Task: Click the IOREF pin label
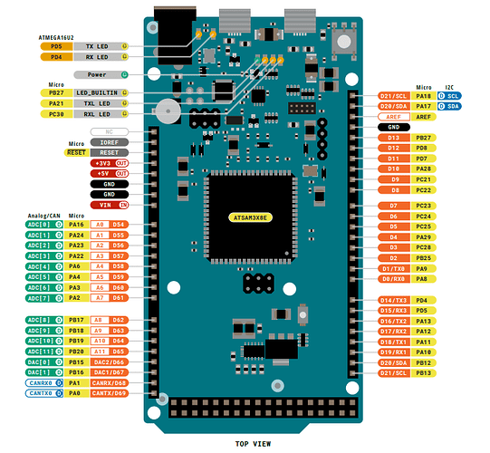point(109,142)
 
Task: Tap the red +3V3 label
point(102,162)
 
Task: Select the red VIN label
point(102,206)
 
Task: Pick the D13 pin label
point(393,137)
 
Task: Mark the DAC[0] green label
point(37,361)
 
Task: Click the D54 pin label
point(118,223)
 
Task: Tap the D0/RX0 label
point(393,279)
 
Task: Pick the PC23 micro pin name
point(421,206)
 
